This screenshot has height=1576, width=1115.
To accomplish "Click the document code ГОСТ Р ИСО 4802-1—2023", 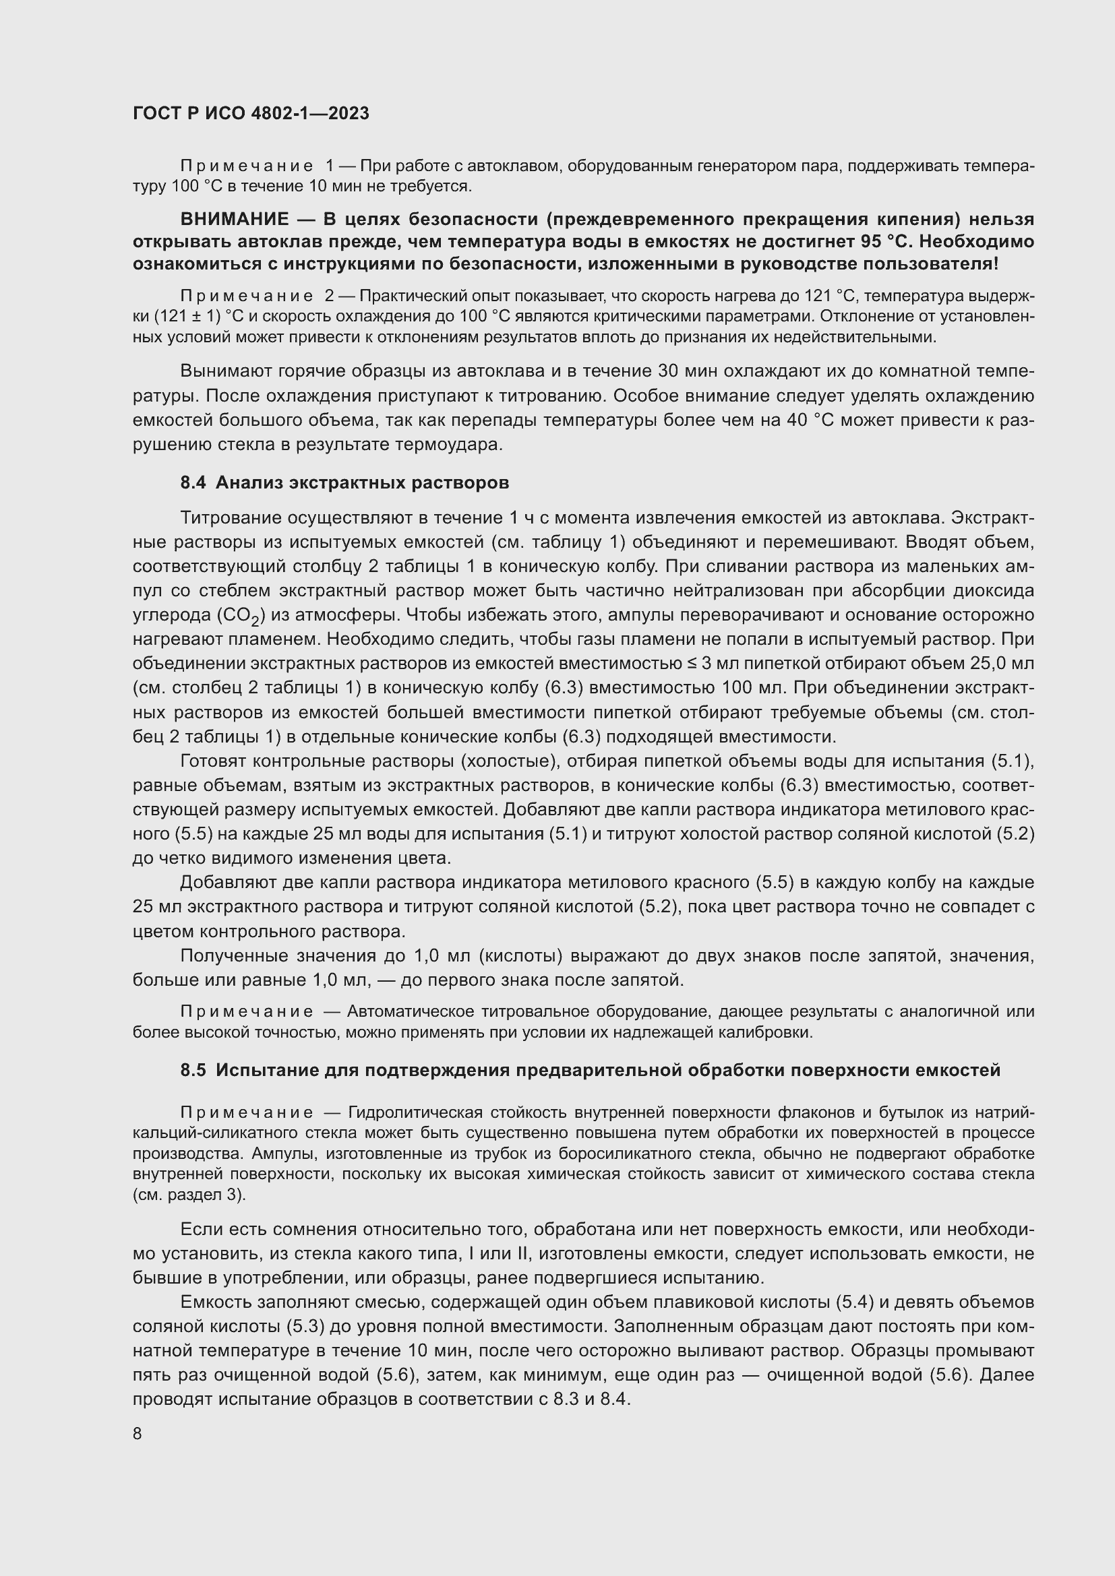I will point(251,113).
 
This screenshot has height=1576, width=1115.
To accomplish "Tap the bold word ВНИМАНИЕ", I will point(234,220).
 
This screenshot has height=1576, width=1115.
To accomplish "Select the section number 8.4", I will point(193,482).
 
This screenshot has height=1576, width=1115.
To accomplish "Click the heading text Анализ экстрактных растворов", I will point(362,482).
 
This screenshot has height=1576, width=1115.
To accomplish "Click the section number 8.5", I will point(193,1070).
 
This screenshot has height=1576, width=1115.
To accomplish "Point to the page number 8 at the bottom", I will point(138,1434).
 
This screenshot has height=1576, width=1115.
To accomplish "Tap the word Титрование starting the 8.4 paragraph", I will point(231,517).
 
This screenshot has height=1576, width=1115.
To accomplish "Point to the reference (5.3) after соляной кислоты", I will point(303,1326).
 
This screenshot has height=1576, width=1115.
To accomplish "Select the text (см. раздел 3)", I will point(188,1195).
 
